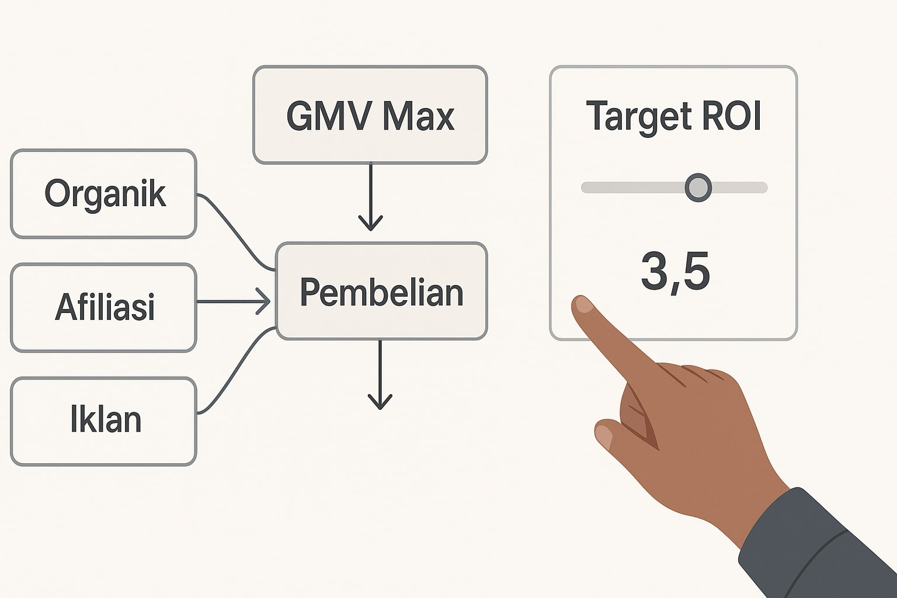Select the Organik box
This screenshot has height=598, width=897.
click(104, 194)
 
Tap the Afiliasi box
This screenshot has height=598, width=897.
click(104, 307)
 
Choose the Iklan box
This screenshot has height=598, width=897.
click(104, 420)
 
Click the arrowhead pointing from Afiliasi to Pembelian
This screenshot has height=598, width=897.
click(264, 302)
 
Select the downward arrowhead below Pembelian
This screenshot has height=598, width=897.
click(380, 402)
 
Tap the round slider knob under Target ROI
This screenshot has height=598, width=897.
click(698, 187)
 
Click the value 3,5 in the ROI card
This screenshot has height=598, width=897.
click(675, 272)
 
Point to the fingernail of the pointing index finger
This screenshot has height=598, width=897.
click(583, 305)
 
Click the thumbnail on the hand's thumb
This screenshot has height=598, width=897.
click(604, 436)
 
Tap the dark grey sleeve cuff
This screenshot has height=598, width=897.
click(818, 543)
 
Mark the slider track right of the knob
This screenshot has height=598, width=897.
click(739, 187)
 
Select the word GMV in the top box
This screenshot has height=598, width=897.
click(328, 116)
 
